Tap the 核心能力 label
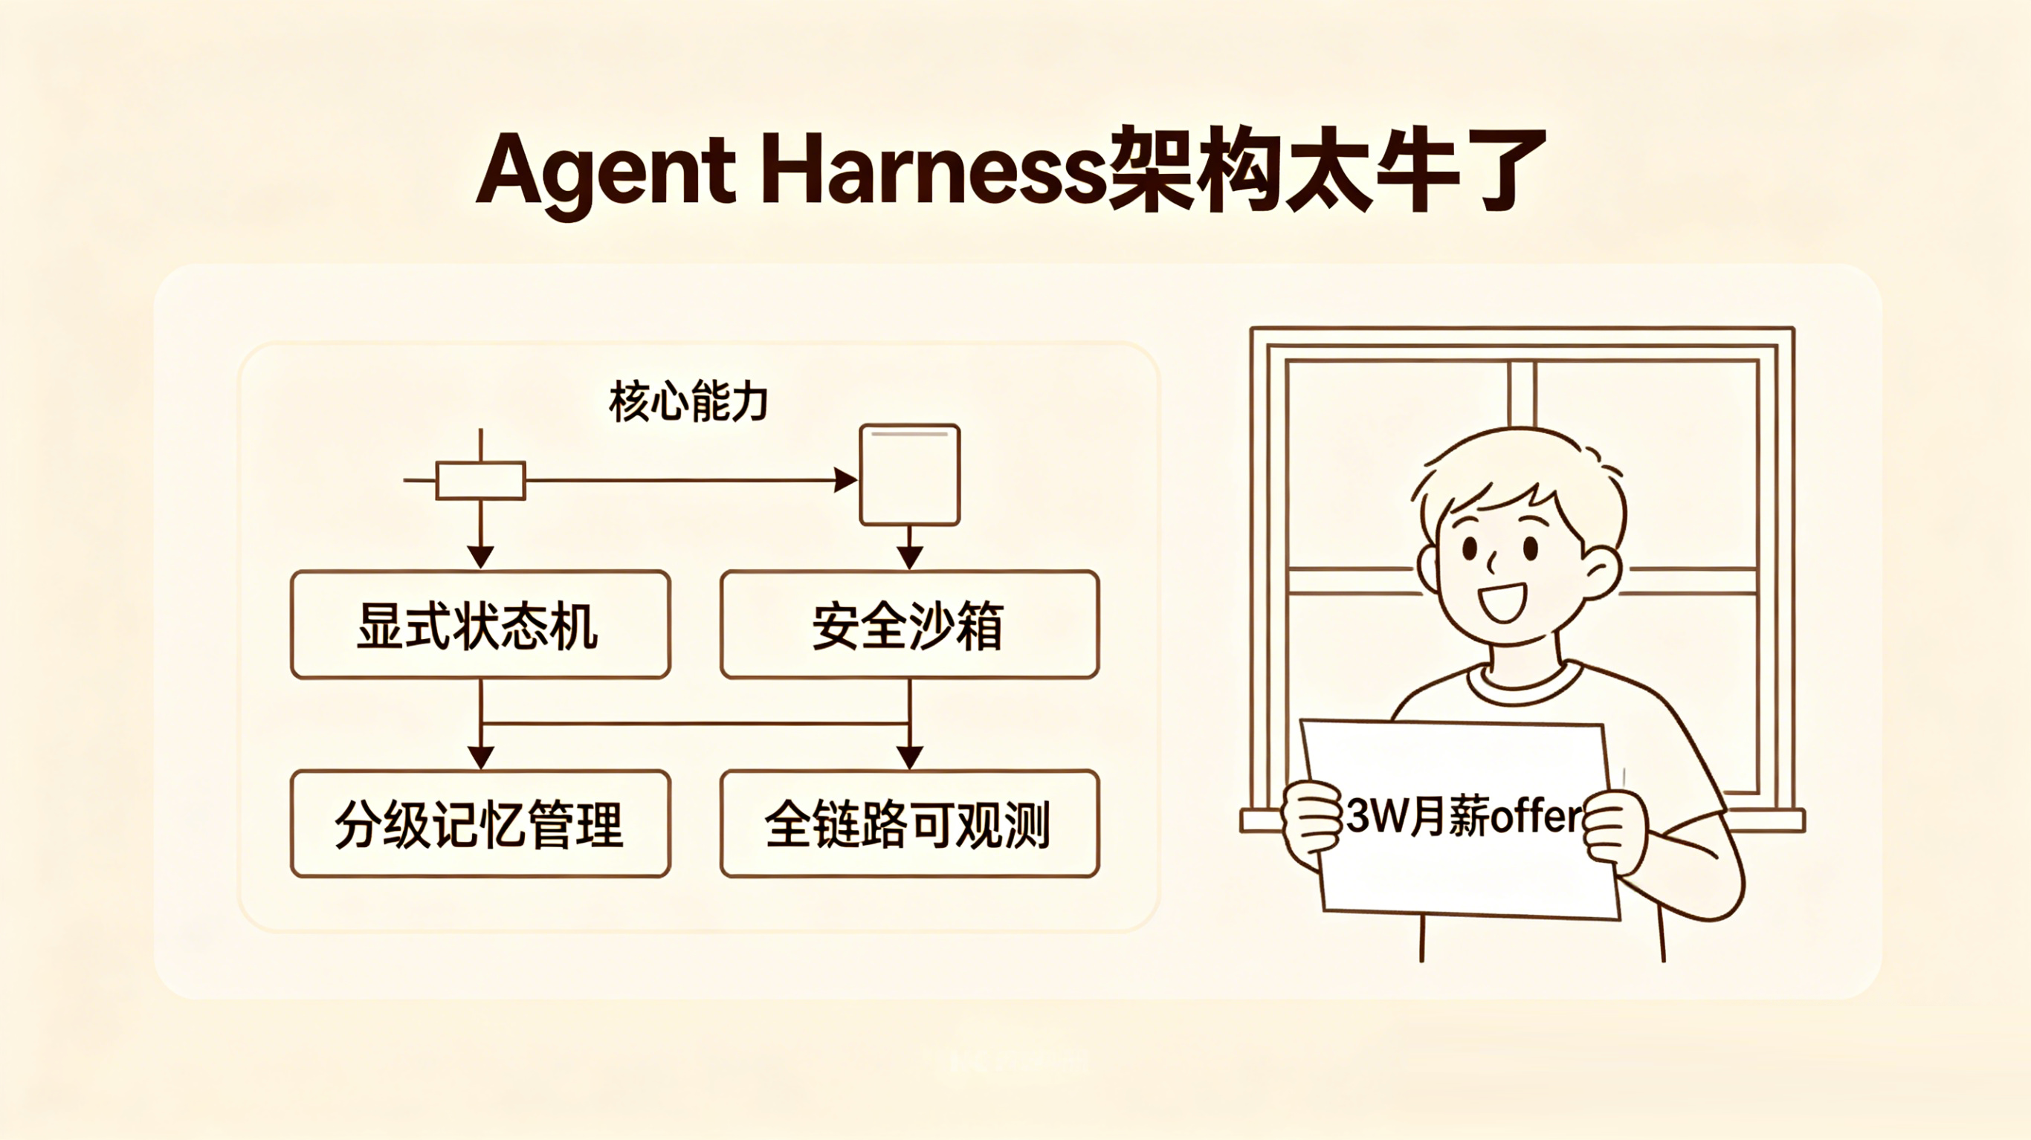(x=688, y=401)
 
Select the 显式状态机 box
(x=480, y=624)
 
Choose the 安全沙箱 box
(x=909, y=624)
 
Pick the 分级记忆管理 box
(x=480, y=824)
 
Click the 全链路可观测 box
(x=909, y=824)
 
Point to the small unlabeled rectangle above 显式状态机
(x=481, y=480)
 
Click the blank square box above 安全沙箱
(x=910, y=475)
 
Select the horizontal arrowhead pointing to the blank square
(x=846, y=479)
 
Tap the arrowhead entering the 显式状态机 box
(x=481, y=557)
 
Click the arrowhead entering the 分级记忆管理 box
(x=481, y=757)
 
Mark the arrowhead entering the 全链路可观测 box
(x=910, y=757)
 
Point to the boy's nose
(x=1493, y=562)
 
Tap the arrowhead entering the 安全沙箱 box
(x=910, y=557)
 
